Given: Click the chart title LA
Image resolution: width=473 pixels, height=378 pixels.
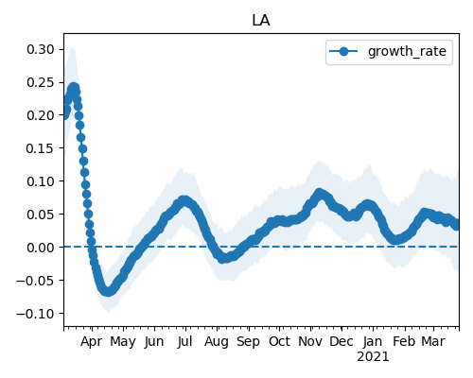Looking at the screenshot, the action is click(261, 21).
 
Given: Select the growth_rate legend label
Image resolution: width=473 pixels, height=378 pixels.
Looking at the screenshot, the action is click(407, 51).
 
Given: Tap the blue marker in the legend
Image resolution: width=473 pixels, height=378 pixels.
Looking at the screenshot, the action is click(343, 51).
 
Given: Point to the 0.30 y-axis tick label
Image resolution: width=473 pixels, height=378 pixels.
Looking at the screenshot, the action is click(41, 49).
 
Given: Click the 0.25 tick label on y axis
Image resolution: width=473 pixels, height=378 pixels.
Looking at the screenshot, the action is click(41, 82).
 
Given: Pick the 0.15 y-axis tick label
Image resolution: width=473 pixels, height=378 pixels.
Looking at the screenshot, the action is click(41, 148).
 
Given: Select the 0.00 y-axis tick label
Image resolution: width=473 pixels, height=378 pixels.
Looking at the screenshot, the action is click(41, 248).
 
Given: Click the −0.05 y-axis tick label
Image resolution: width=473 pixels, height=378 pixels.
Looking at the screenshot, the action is click(35, 281).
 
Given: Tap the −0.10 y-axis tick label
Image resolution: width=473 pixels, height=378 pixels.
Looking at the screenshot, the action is click(35, 314).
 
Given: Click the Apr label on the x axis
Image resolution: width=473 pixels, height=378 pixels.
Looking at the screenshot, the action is click(92, 342).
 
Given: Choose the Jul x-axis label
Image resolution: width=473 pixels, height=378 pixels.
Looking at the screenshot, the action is click(184, 341).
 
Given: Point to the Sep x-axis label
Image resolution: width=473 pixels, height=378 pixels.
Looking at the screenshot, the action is click(248, 342).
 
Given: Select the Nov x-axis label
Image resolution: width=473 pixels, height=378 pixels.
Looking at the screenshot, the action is click(310, 341).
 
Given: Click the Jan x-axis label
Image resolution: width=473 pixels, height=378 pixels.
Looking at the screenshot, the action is click(373, 341).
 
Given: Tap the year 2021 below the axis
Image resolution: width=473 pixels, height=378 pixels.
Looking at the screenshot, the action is click(373, 357).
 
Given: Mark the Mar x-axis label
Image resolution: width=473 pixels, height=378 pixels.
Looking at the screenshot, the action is click(433, 341).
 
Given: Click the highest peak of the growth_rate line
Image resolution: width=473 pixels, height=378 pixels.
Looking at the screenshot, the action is click(74, 87).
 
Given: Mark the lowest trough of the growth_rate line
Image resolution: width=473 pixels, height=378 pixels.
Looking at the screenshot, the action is click(108, 291).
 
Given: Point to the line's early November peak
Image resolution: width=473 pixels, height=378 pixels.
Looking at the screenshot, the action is click(320, 193).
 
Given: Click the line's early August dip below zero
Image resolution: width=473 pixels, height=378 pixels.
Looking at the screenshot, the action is click(222, 259).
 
